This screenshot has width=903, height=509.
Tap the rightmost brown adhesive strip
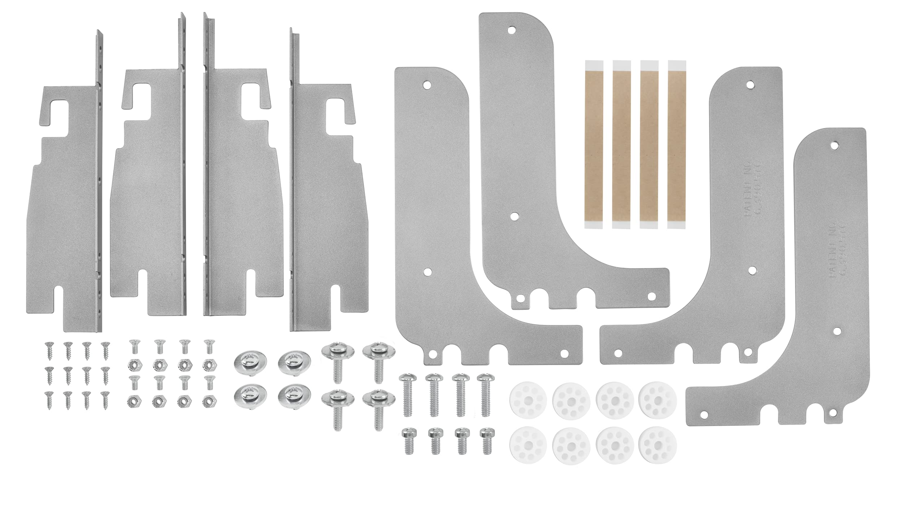click(677, 144)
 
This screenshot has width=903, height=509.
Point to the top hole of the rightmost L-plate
click(834, 146)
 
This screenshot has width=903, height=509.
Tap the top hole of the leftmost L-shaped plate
click(427, 85)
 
